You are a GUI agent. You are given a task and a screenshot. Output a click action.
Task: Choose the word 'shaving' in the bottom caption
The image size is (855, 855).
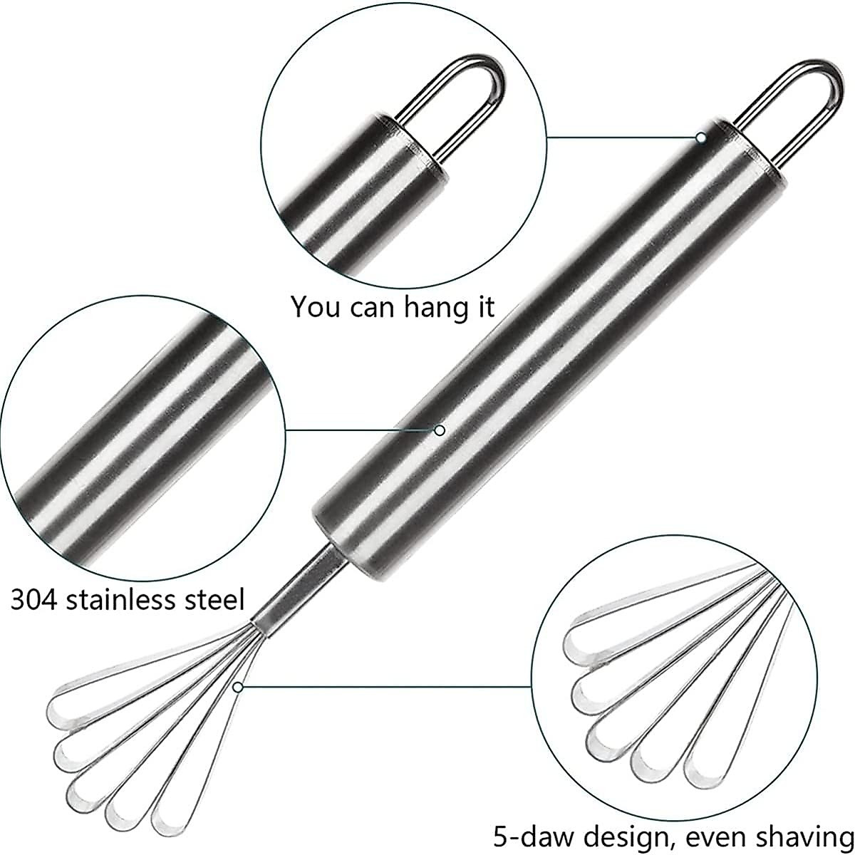(807, 836)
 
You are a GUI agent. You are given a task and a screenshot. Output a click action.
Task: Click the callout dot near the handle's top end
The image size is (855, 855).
(701, 137)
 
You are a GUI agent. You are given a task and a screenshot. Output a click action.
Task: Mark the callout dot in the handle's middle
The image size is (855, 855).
(440, 430)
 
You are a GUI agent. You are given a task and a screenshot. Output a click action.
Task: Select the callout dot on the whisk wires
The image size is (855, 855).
(238, 687)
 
